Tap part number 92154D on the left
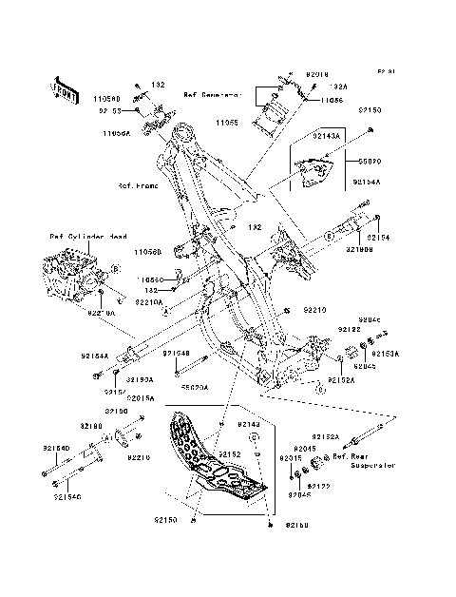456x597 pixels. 56,446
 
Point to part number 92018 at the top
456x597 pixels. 317,73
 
